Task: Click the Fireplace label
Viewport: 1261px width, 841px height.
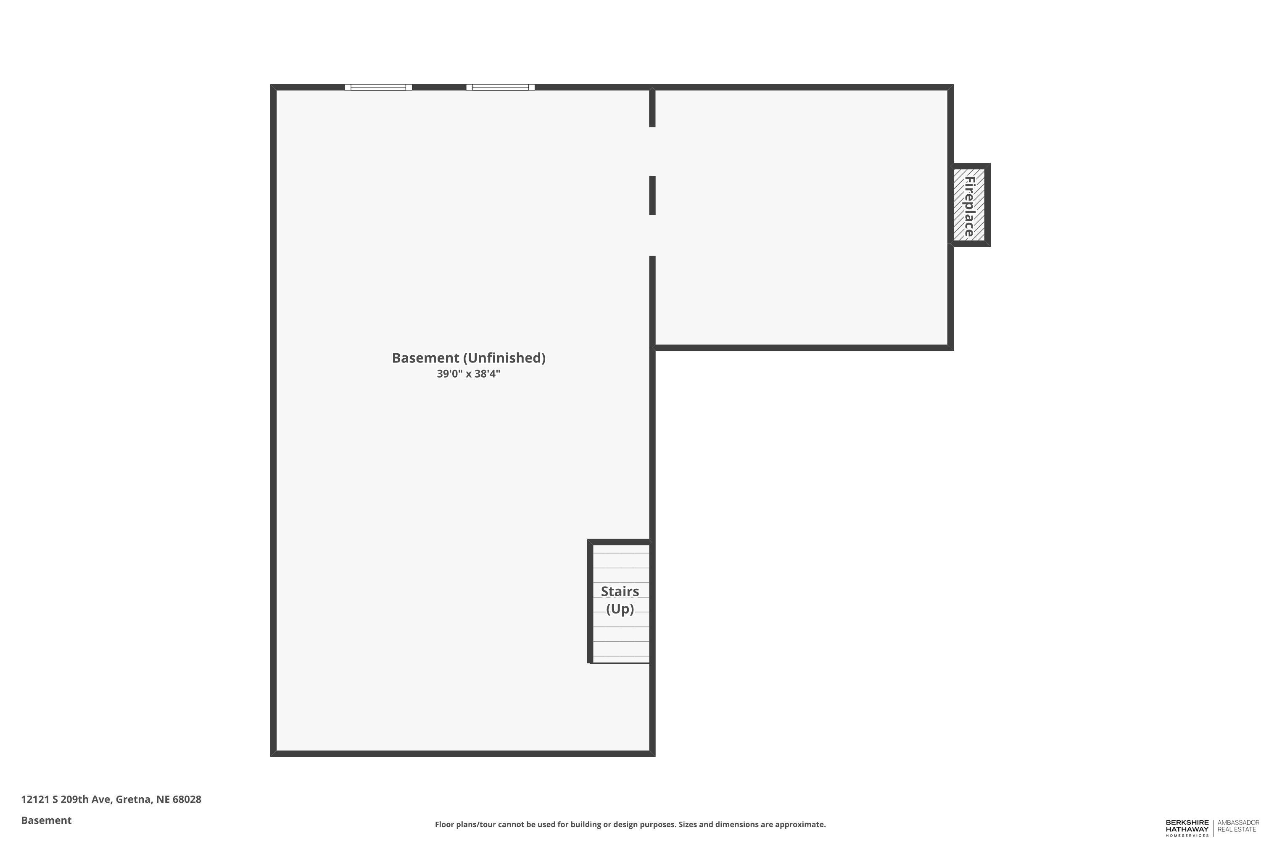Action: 969,206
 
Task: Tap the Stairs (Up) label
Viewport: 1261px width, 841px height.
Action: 620,600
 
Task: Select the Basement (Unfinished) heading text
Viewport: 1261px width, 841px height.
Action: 469,358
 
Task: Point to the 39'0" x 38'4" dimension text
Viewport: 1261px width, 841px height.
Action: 469,374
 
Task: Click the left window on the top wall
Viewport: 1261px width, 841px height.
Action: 378,87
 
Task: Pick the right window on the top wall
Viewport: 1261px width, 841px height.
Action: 500,87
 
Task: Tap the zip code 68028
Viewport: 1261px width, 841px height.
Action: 187,799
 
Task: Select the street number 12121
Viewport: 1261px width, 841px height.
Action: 35,799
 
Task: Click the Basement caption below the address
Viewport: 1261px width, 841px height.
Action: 46,820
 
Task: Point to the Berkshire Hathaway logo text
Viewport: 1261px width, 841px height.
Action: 1187,828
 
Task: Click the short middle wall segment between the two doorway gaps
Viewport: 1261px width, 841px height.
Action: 652,195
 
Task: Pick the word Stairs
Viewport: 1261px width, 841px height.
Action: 620,592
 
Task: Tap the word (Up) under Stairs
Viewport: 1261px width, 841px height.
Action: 620,609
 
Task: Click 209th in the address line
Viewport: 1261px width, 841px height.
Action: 74,799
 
